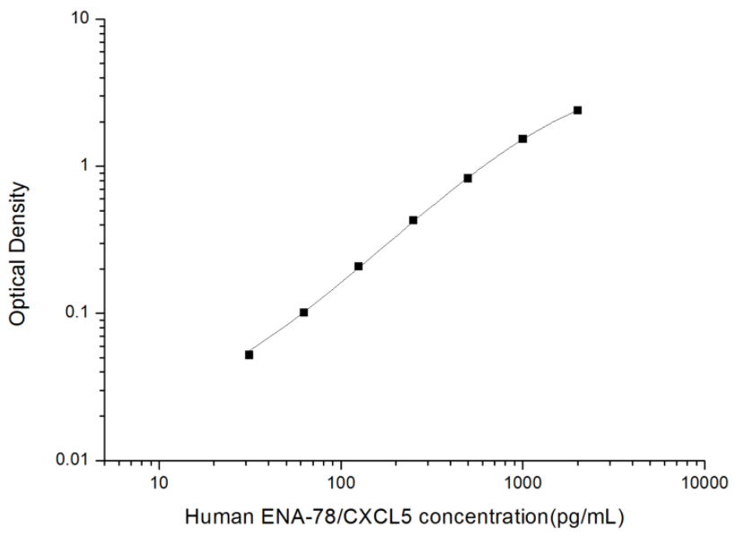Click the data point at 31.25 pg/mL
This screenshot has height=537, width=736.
tap(249, 355)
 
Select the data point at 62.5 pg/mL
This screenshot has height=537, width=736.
tap(303, 313)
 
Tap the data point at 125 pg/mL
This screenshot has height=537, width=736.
tap(358, 267)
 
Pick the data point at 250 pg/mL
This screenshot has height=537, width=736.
tap(413, 220)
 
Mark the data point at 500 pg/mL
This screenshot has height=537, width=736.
tap(468, 178)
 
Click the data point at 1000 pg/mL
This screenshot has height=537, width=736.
tap(522, 139)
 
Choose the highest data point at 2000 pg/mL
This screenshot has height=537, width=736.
tap(577, 110)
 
